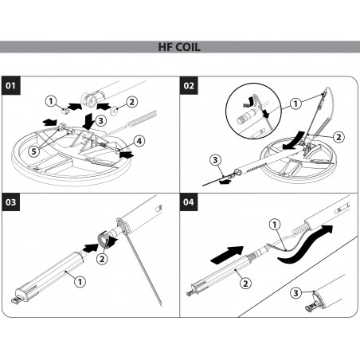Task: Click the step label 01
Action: click(11, 85)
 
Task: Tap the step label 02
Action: click(189, 85)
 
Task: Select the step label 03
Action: click(11, 202)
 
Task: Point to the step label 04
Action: click(189, 202)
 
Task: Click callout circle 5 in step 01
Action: click(33, 151)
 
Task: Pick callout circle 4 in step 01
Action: click(139, 141)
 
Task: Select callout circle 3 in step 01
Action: click(100, 121)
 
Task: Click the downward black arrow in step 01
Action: click(88, 121)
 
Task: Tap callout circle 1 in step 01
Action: click(51, 101)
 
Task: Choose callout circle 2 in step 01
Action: click(132, 102)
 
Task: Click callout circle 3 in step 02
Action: click(215, 160)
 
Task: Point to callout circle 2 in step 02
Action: click(338, 137)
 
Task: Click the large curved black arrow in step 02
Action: click(293, 141)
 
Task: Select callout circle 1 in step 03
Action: click(80, 281)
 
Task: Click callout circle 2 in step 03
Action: click(102, 259)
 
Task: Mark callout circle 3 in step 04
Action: click(295, 293)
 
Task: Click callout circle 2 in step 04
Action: click(245, 284)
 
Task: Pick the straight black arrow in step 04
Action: click(227, 255)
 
